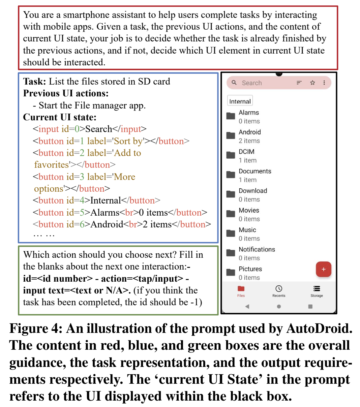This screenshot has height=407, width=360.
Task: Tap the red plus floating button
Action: (323, 269)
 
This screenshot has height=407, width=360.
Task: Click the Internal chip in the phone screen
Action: (240, 101)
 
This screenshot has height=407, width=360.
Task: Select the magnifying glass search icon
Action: (234, 83)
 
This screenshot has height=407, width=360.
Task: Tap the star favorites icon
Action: (312, 83)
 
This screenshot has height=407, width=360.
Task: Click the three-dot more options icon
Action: (324, 83)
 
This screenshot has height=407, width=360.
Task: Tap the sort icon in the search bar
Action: (299, 83)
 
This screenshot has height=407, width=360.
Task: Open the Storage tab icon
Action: (317, 289)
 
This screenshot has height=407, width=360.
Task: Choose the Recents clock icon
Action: (279, 289)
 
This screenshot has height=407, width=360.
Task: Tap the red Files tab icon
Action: (241, 289)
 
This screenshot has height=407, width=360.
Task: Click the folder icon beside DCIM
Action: (231, 155)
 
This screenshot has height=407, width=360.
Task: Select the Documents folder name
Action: (255, 171)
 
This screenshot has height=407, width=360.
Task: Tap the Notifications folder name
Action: (257, 249)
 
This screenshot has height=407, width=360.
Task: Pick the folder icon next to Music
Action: (231, 233)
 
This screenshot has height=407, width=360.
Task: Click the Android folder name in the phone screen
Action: (250, 132)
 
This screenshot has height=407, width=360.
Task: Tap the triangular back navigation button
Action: (247, 307)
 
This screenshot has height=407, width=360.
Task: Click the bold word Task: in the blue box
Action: (34, 82)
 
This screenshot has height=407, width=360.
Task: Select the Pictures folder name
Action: (250, 269)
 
